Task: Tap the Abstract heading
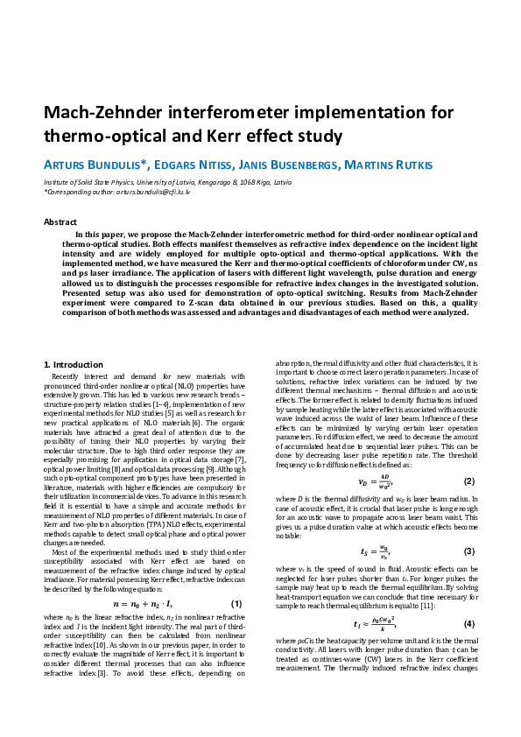tap(60, 222)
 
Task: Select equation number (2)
tap(468, 481)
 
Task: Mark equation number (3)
tap(468, 551)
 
